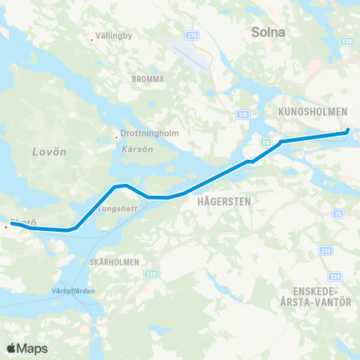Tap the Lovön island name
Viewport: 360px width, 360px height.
click(50, 151)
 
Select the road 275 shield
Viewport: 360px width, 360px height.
click(242, 115)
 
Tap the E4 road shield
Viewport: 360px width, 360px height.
click(265, 140)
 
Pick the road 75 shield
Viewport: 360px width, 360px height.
click(338, 214)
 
